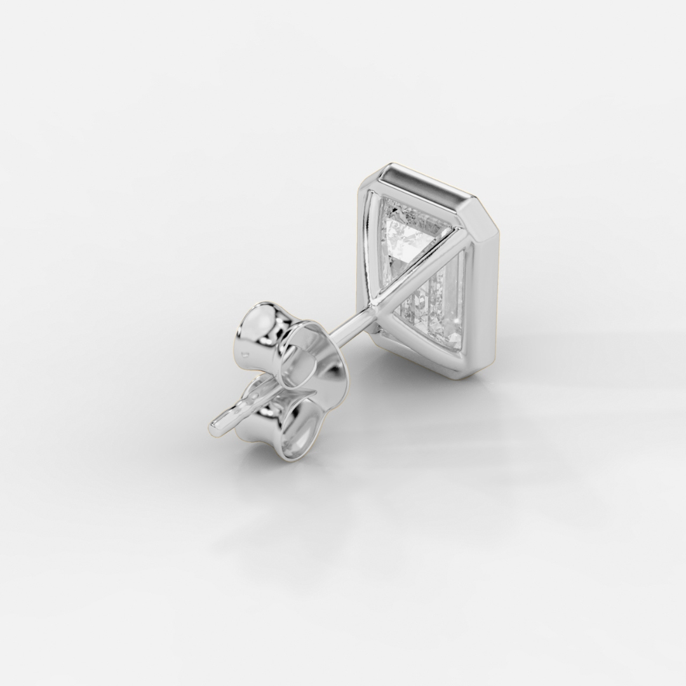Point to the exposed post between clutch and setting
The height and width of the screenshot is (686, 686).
pos(346,328)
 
